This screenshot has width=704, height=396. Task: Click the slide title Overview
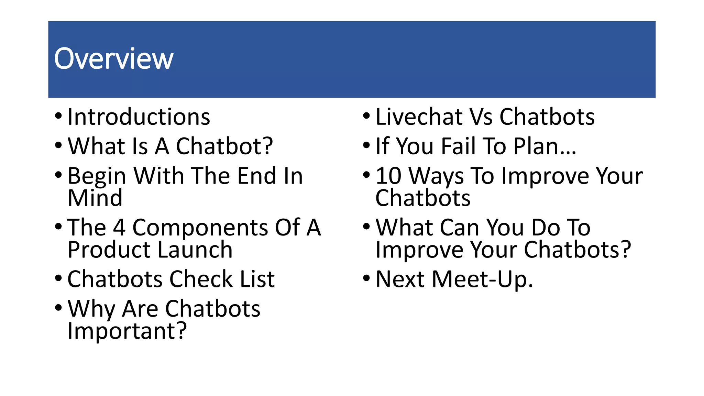[x=114, y=59]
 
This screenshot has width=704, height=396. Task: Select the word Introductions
[x=139, y=117]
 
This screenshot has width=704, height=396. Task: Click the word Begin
[x=97, y=176]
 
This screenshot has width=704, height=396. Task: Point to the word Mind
[x=95, y=198]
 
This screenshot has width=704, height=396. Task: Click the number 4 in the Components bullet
[x=119, y=228]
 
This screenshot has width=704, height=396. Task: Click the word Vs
[x=481, y=117]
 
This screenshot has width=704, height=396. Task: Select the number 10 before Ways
[x=388, y=176]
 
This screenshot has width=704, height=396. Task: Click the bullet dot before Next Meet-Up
[x=366, y=277]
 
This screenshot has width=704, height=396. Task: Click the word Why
[x=91, y=309]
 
